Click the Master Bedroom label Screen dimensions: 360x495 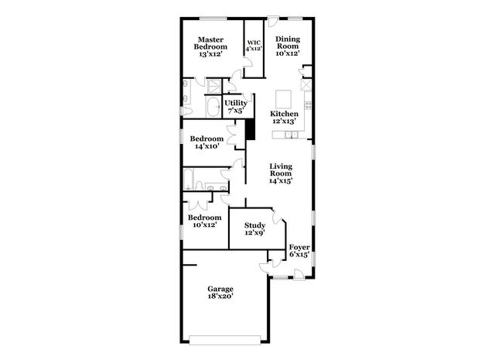coord(210,43)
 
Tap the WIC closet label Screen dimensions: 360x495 coord(254,45)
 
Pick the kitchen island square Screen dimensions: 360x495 coord(284,98)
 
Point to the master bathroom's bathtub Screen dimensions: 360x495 coord(213,106)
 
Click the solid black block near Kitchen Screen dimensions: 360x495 coord(250,129)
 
